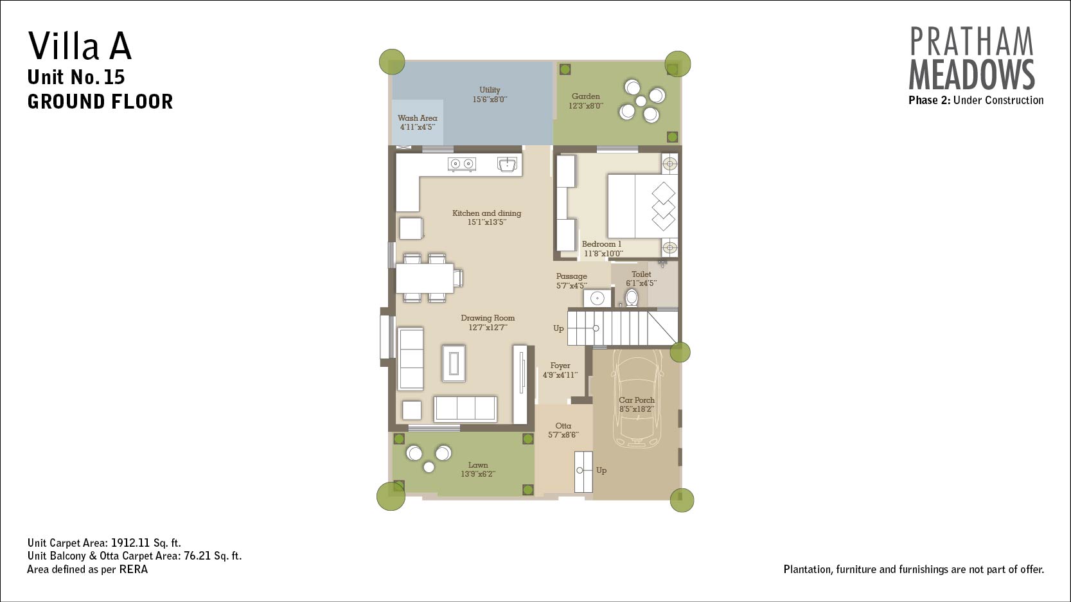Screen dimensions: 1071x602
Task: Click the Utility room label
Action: pos(490,90)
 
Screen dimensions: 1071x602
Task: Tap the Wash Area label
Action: pos(418,118)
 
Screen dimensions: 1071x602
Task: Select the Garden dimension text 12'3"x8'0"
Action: pos(586,105)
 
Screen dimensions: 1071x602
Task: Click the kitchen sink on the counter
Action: pos(508,164)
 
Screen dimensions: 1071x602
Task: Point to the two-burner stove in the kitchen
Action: pos(461,164)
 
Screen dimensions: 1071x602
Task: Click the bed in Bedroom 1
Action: pos(642,206)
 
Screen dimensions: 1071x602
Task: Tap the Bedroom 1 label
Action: pos(601,244)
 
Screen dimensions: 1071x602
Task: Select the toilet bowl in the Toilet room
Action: pos(632,297)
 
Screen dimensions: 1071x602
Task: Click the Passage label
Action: pos(571,276)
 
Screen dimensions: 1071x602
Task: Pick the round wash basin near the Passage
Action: pos(597,298)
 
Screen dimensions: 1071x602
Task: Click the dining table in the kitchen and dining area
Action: pos(425,278)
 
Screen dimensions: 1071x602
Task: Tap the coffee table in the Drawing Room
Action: pos(454,363)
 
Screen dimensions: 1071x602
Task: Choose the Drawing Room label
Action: pos(488,318)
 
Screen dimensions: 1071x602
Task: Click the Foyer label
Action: pos(560,366)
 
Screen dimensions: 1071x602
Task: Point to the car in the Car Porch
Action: pos(637,398)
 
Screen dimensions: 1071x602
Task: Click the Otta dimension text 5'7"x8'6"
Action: pos(563,435)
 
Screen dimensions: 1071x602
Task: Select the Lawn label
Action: pos(478,465)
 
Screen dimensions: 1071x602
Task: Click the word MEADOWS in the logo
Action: pos(971,75)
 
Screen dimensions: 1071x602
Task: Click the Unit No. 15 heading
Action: pos(76,77)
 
